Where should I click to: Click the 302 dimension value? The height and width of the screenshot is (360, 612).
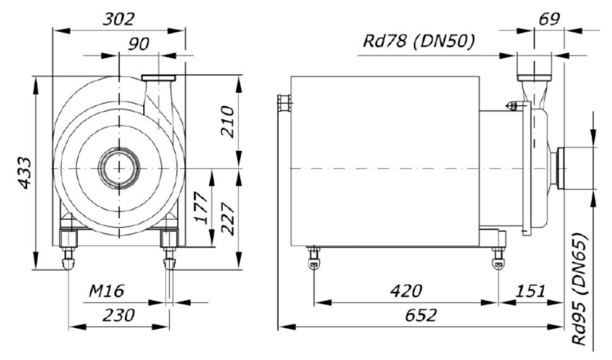coord(119,19)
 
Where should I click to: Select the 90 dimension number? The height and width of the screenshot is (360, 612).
coord(139,44)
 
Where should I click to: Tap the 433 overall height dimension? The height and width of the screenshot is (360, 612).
coord(25,173)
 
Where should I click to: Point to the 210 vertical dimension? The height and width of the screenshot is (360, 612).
coord(228,122)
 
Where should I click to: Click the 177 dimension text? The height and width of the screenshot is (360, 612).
coord(200,208)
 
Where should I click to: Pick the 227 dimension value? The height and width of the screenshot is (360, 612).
coord(228,219)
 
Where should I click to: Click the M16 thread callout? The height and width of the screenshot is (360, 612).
coord(106,291)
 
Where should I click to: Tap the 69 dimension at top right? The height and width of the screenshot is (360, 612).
coord(549,19)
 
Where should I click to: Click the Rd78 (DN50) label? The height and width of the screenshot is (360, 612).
coord(419,42)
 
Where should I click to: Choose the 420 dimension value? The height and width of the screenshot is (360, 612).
coord(406,291)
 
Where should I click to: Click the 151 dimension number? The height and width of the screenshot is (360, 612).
coord(530,291)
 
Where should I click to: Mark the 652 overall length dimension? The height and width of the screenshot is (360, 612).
coord(421,315)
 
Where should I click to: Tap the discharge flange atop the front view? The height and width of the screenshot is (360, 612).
coord(158,78)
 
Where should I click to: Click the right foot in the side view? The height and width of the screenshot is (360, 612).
coord(499,257)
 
